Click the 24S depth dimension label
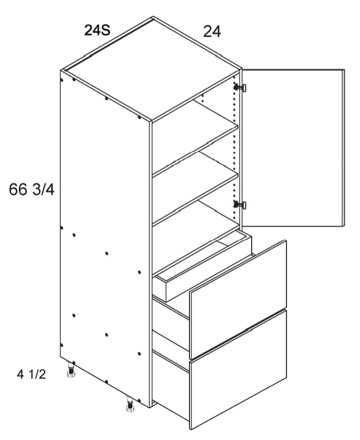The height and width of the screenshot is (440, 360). (97, 30)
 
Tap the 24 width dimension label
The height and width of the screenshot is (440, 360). (212, 31)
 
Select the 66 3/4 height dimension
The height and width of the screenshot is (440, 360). (32, 190)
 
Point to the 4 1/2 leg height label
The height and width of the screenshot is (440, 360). (31, 374)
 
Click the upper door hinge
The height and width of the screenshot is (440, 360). (240, 88)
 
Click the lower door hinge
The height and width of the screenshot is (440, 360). (240, 205)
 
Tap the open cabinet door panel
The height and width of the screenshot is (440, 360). (293, 148)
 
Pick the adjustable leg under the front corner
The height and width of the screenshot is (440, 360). (130, 404)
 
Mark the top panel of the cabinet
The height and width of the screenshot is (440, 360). (151, 70)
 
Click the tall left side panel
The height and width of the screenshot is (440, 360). (105, 238)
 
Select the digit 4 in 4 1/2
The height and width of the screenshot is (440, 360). (20, 374)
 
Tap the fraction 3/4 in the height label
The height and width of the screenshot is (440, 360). (43, 190)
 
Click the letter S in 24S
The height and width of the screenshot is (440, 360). (105, 30)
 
